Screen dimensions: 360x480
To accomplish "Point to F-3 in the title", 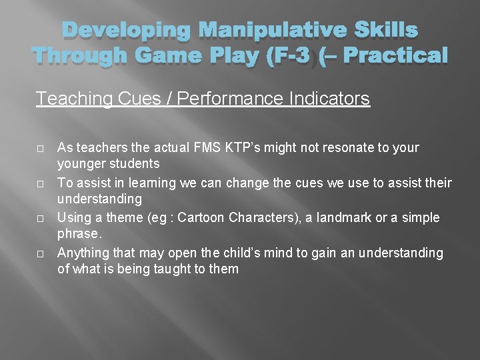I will pos(287,56).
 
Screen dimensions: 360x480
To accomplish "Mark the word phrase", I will pos(79,234).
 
